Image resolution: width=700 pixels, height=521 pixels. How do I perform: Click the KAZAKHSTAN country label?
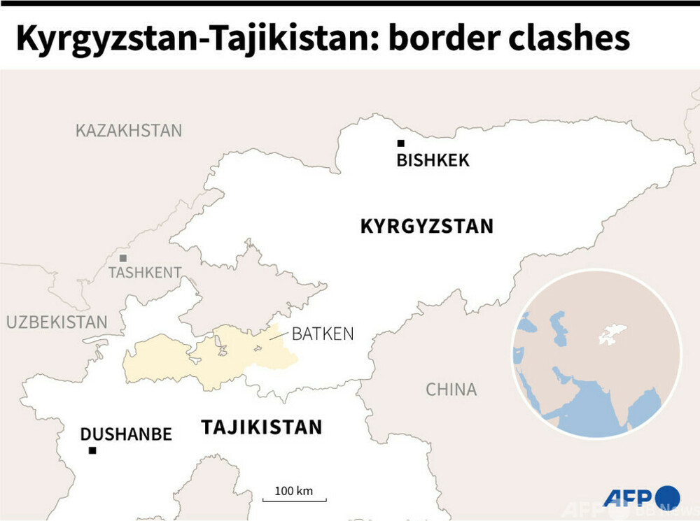tap(129, 131)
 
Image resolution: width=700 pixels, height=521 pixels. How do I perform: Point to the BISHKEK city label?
tap(433, 161)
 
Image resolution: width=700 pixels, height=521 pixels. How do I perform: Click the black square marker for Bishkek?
tap(401, 143)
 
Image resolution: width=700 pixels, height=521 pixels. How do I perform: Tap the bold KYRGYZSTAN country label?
tap(426, 227)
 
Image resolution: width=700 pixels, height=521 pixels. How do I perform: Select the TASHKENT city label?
tap(145, 273)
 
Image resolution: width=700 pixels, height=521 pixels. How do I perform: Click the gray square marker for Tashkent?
tap(123, 258)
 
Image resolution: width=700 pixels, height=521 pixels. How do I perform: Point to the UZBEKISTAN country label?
tap(57, 322)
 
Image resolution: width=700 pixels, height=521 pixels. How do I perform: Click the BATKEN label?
tap(323, 334)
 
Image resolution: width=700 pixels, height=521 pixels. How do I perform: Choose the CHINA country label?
tap(451, 390)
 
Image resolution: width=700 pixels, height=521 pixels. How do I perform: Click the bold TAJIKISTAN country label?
tap(262, 427)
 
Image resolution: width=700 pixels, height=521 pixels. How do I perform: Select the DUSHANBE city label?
tap(126, 434)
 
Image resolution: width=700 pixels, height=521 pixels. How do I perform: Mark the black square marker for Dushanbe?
tap(92, 450)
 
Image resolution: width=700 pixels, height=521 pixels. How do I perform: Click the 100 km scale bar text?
tap(293, 490)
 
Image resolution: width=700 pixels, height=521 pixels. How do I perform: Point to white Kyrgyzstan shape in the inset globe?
tap(612, 334)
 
